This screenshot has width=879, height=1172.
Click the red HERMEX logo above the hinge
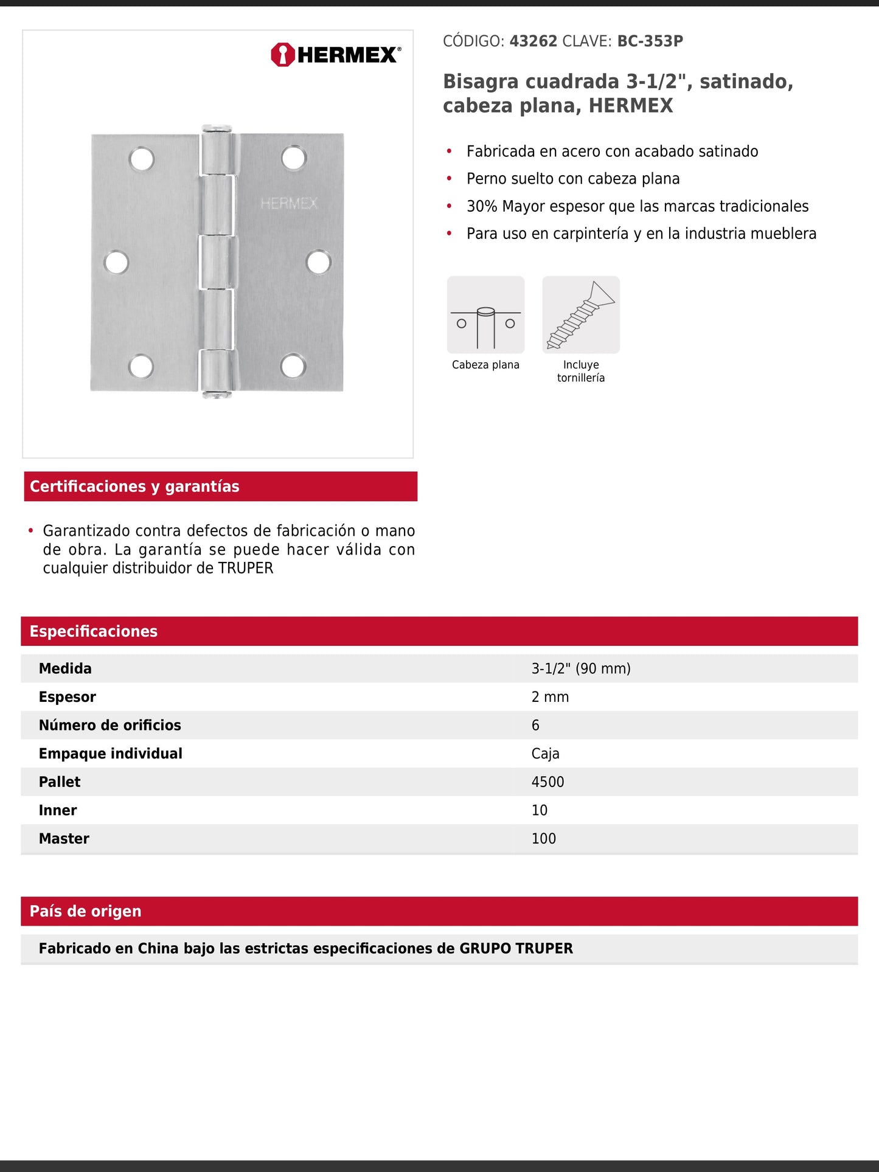[x=336, y=55]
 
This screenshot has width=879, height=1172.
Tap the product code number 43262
[x=533, y=41]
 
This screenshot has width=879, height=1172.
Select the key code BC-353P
[x=650, y=41]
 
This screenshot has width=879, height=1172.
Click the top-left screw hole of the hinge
[x=142, y=159]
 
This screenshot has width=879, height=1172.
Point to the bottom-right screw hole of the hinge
[x=293, y=366]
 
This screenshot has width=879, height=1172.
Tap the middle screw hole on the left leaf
[x=116, y=263]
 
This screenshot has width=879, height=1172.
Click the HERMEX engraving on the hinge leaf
[x=289, y=203]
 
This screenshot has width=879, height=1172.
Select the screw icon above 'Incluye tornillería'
[x=581, y=314]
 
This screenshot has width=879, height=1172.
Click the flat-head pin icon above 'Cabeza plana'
[x=485, y=314]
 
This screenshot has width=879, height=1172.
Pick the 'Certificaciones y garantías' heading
[x=134, y=487]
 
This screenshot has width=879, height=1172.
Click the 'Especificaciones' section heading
[x=94, y=631]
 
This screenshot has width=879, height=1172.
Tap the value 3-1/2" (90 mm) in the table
[x=581, y=668]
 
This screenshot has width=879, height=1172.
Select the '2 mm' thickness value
[x=550, y=697]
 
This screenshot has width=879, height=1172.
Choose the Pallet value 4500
[x=547, y=782]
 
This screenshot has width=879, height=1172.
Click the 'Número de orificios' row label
[x=110, y=725]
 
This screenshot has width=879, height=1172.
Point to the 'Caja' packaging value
[x=545, y=754]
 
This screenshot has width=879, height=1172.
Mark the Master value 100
[x=543, y=839]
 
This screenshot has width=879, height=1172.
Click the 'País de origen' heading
[x=86, y=911]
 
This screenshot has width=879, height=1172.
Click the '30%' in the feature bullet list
[x=482, y=206]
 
